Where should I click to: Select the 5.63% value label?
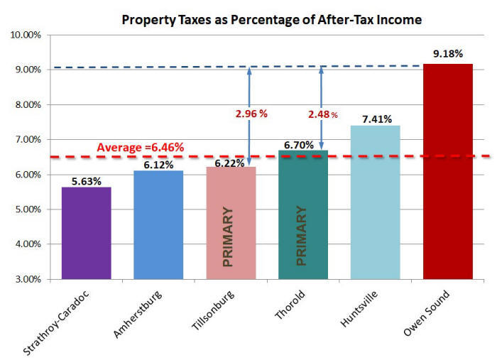pos(86,178)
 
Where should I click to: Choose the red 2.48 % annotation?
pos(322,114)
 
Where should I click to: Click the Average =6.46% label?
pos(141,148)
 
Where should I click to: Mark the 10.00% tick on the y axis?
pos(26,35)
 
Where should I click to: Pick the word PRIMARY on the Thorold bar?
pos(301,236)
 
